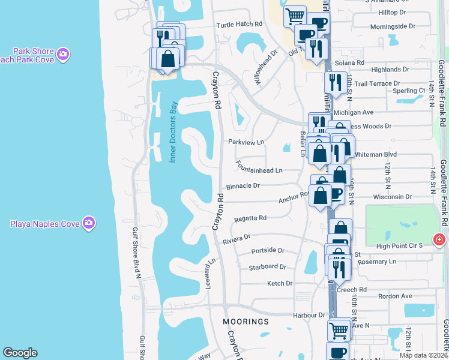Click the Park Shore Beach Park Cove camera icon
click(63, 56)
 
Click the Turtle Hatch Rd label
click(240, 25)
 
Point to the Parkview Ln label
click(246, 142)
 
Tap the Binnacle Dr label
click(243, 186)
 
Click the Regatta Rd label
click(250, 218)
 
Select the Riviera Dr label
click(236, 238)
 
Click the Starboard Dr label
click(267, 267)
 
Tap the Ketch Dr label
click(279, 283)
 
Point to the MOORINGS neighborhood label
click(246, 322)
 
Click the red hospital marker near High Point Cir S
click(440, 239)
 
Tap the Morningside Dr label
click(393, 26)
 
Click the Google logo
click(20, 353)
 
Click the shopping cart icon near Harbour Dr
click(339, 329)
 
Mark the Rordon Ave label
click(399, 296)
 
